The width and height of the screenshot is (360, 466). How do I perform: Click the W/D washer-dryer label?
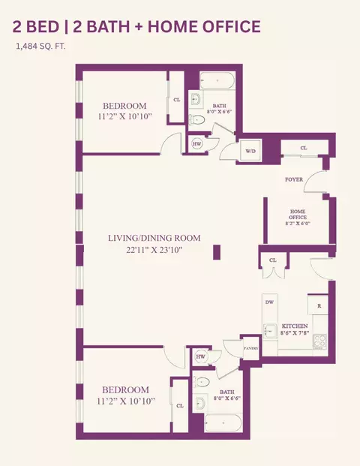(249, 150)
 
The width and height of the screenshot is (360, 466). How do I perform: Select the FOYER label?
(294, 180)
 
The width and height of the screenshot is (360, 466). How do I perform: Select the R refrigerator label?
(318, 305)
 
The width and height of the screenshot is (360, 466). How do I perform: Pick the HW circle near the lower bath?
(200, 357)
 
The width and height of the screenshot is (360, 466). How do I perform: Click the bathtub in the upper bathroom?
(219, 80)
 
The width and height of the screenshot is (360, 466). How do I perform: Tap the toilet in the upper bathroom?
(199, 119)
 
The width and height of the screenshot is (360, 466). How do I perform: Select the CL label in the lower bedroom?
(179, 406)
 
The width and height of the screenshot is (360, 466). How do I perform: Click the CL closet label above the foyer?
(304, 148)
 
